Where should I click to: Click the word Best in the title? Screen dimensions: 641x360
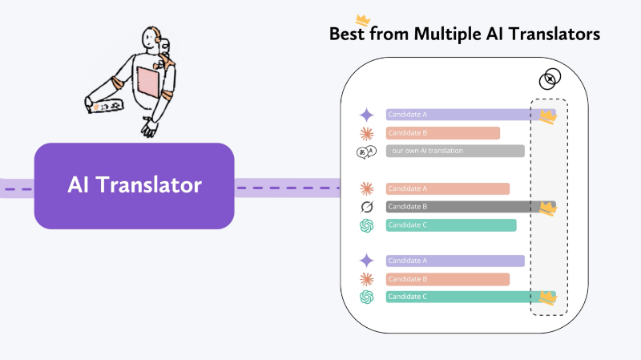(347, 34)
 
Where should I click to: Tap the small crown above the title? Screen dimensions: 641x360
(363, 20)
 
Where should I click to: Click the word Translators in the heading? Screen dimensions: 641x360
(554, 34)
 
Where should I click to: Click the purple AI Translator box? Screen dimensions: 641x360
(134, 186)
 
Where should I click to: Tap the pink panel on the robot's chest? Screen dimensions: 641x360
(148, 83)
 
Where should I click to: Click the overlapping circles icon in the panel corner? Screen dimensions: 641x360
(550, 79)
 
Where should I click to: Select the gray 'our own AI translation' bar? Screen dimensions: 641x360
(455, 151)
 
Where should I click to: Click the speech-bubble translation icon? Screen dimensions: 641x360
(366, 152)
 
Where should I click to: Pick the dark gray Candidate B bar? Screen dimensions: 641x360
(470, 207)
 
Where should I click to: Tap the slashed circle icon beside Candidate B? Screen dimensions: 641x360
(367, 207)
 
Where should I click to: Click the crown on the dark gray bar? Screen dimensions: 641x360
(548, 208)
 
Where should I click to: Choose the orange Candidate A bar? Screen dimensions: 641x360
(448, 188)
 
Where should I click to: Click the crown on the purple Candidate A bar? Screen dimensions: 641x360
(548, 116)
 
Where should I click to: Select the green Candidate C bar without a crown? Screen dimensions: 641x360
(451, 225)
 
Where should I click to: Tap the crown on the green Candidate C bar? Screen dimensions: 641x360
(548, 297)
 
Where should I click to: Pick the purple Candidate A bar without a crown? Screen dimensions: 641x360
(455, 261)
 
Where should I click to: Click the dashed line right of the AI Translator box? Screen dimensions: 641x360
(288, 188)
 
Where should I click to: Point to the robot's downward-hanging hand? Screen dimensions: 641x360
(150, 127)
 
